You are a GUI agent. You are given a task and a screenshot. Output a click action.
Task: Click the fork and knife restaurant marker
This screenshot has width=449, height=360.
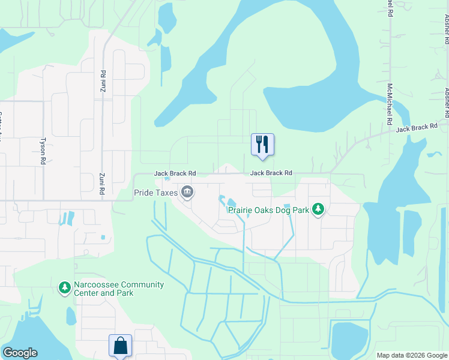(262, 145)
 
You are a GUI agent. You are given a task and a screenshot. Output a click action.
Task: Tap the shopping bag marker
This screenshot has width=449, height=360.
(120, 346)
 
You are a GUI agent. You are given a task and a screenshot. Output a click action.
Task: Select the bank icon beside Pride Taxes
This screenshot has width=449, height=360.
(187, 193)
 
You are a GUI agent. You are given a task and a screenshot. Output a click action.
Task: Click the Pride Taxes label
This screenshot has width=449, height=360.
(155, 193)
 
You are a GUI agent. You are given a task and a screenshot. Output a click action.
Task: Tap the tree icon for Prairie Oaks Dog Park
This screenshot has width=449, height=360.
(318, 209)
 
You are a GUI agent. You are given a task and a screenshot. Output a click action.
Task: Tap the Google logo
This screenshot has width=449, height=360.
(20, 353)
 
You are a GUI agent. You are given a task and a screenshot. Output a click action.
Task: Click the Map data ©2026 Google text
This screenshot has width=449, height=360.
(412, 355)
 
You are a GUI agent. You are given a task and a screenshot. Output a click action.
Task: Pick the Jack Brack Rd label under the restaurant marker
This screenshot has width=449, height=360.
(271, 173)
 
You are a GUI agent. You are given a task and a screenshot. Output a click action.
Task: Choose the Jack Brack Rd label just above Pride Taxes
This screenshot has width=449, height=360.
(175, 173)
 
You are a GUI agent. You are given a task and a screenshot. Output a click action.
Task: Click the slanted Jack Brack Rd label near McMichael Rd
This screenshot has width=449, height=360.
(416, 128)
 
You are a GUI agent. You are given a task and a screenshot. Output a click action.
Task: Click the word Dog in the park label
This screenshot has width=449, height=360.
(284, 209)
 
